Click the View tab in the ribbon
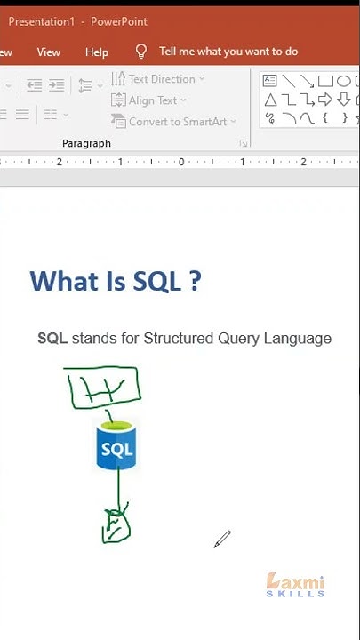49,52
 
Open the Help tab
97,52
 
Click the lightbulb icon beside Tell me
140,52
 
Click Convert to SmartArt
174,122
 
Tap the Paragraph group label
86,143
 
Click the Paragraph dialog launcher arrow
243,143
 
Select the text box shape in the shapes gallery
270,81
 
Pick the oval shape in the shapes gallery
343,81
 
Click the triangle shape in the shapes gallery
270,99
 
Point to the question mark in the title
195,281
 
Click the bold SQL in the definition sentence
52,339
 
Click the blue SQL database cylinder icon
116,446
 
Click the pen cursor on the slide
221,539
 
